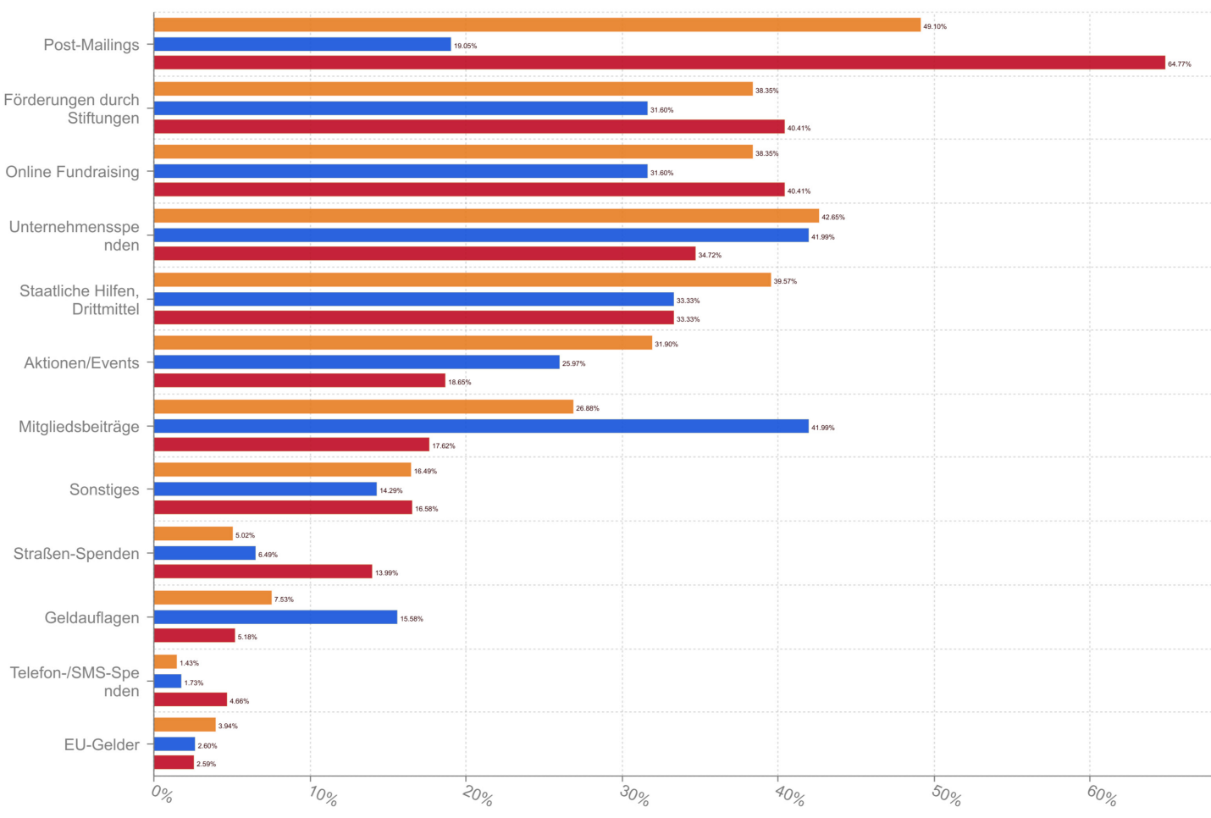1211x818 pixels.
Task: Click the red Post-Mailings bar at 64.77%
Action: [x=659, y=63]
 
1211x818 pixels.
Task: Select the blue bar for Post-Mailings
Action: [x=302, y=44]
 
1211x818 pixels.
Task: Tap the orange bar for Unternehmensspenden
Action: [x=486, y=216]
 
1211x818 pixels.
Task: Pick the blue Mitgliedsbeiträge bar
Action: [x=481, y=426]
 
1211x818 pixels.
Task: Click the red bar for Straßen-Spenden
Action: [x=263, y=572]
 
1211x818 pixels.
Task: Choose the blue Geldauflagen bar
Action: [x=275, y=617]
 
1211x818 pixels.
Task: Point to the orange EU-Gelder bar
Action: [x=185, y=725]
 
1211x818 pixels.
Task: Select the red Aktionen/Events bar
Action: [x=299, y=381]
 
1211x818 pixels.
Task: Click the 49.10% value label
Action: [x=935, y=26]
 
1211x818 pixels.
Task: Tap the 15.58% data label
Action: [x=412, y=619]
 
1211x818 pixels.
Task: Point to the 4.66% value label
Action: [x=239, y=701]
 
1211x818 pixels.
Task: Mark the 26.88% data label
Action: [x=587, y=408]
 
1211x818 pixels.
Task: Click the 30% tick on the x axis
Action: [x=635, y=796]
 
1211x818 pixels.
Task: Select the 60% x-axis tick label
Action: [x=1102, y=796]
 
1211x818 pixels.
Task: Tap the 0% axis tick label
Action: [x=162, y=794]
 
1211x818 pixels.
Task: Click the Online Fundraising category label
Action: [x=72, y=172]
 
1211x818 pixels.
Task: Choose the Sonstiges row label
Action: [x=104, y=489]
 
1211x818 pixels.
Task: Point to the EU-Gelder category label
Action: [x=102, y=744]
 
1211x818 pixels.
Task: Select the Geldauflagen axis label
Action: [x=91, y=617]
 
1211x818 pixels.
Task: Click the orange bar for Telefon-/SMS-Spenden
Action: [x=165, y=661]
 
